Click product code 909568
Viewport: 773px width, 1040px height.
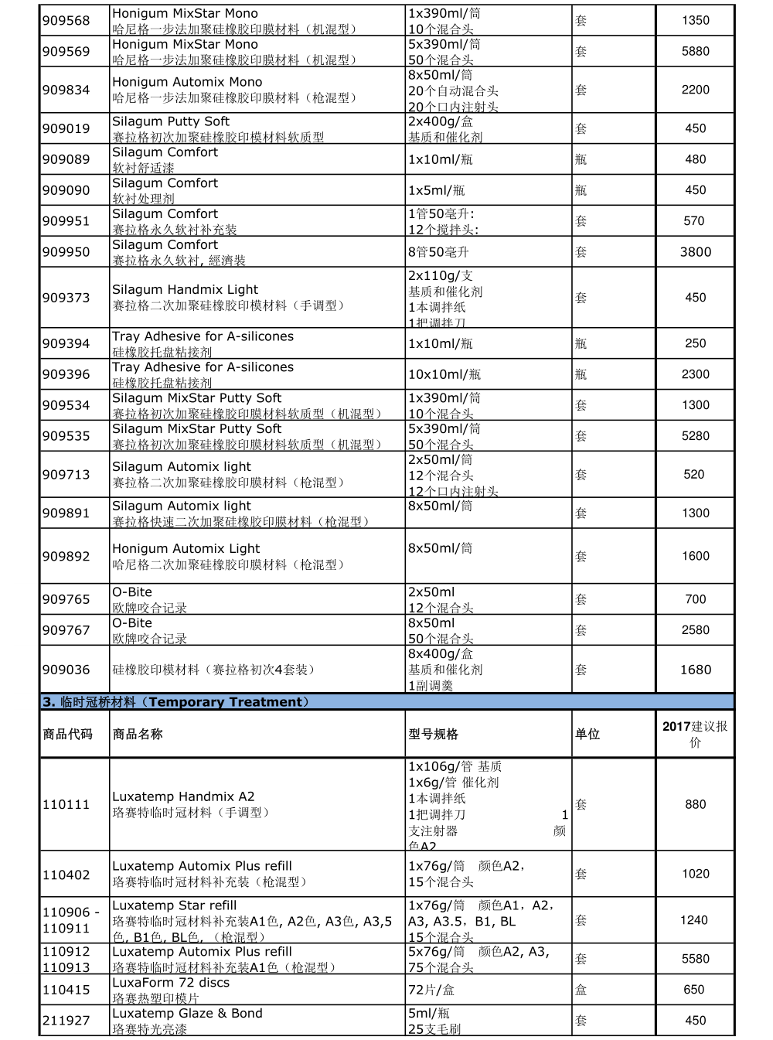coord(66,21)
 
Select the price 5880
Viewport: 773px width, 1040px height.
coord(695,51)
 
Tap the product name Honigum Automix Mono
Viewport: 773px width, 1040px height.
coord(187,82)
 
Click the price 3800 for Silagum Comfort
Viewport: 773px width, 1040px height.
coord(695,252)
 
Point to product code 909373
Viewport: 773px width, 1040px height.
coord(66,298)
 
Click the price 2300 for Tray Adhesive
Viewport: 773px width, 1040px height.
coord(695,374)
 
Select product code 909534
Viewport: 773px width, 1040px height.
coord(66,405)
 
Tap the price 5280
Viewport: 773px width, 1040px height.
coord(695,436)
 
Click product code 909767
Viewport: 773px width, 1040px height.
coord(66,630)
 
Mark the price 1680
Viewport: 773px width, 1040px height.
coord(695,670)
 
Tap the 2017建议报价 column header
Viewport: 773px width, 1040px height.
coord(695,734)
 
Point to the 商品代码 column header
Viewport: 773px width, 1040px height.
coord(67,734)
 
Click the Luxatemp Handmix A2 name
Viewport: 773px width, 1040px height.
coord(183,796)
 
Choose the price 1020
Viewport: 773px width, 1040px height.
coord(695,874)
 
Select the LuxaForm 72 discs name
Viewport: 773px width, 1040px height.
coord(171,983)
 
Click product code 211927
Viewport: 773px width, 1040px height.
coord(66,1021)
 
